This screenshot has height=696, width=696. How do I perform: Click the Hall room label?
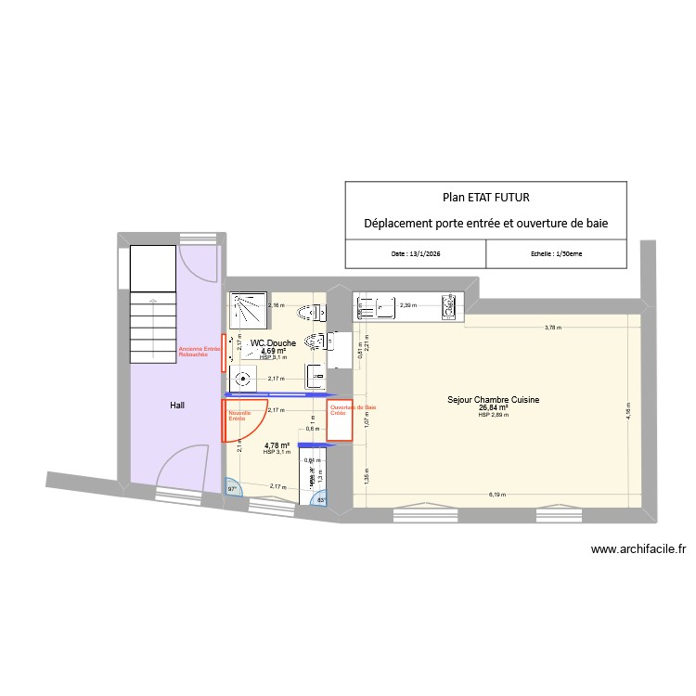point(176,406)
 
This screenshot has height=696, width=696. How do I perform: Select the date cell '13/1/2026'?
point(417,253)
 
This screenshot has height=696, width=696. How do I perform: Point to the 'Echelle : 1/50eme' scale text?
point(557,253)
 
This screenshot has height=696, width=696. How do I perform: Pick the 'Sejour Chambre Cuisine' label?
point(494,400)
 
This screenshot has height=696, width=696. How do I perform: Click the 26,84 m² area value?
point(494,407)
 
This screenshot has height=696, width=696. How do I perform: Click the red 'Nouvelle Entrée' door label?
point(240,416)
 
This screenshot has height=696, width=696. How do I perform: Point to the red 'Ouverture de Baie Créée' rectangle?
point(340,420)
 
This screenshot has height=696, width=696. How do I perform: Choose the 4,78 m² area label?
point(277,445)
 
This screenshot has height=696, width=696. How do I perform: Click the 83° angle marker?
point(322,501)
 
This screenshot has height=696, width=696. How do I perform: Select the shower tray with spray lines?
point(250,312)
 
